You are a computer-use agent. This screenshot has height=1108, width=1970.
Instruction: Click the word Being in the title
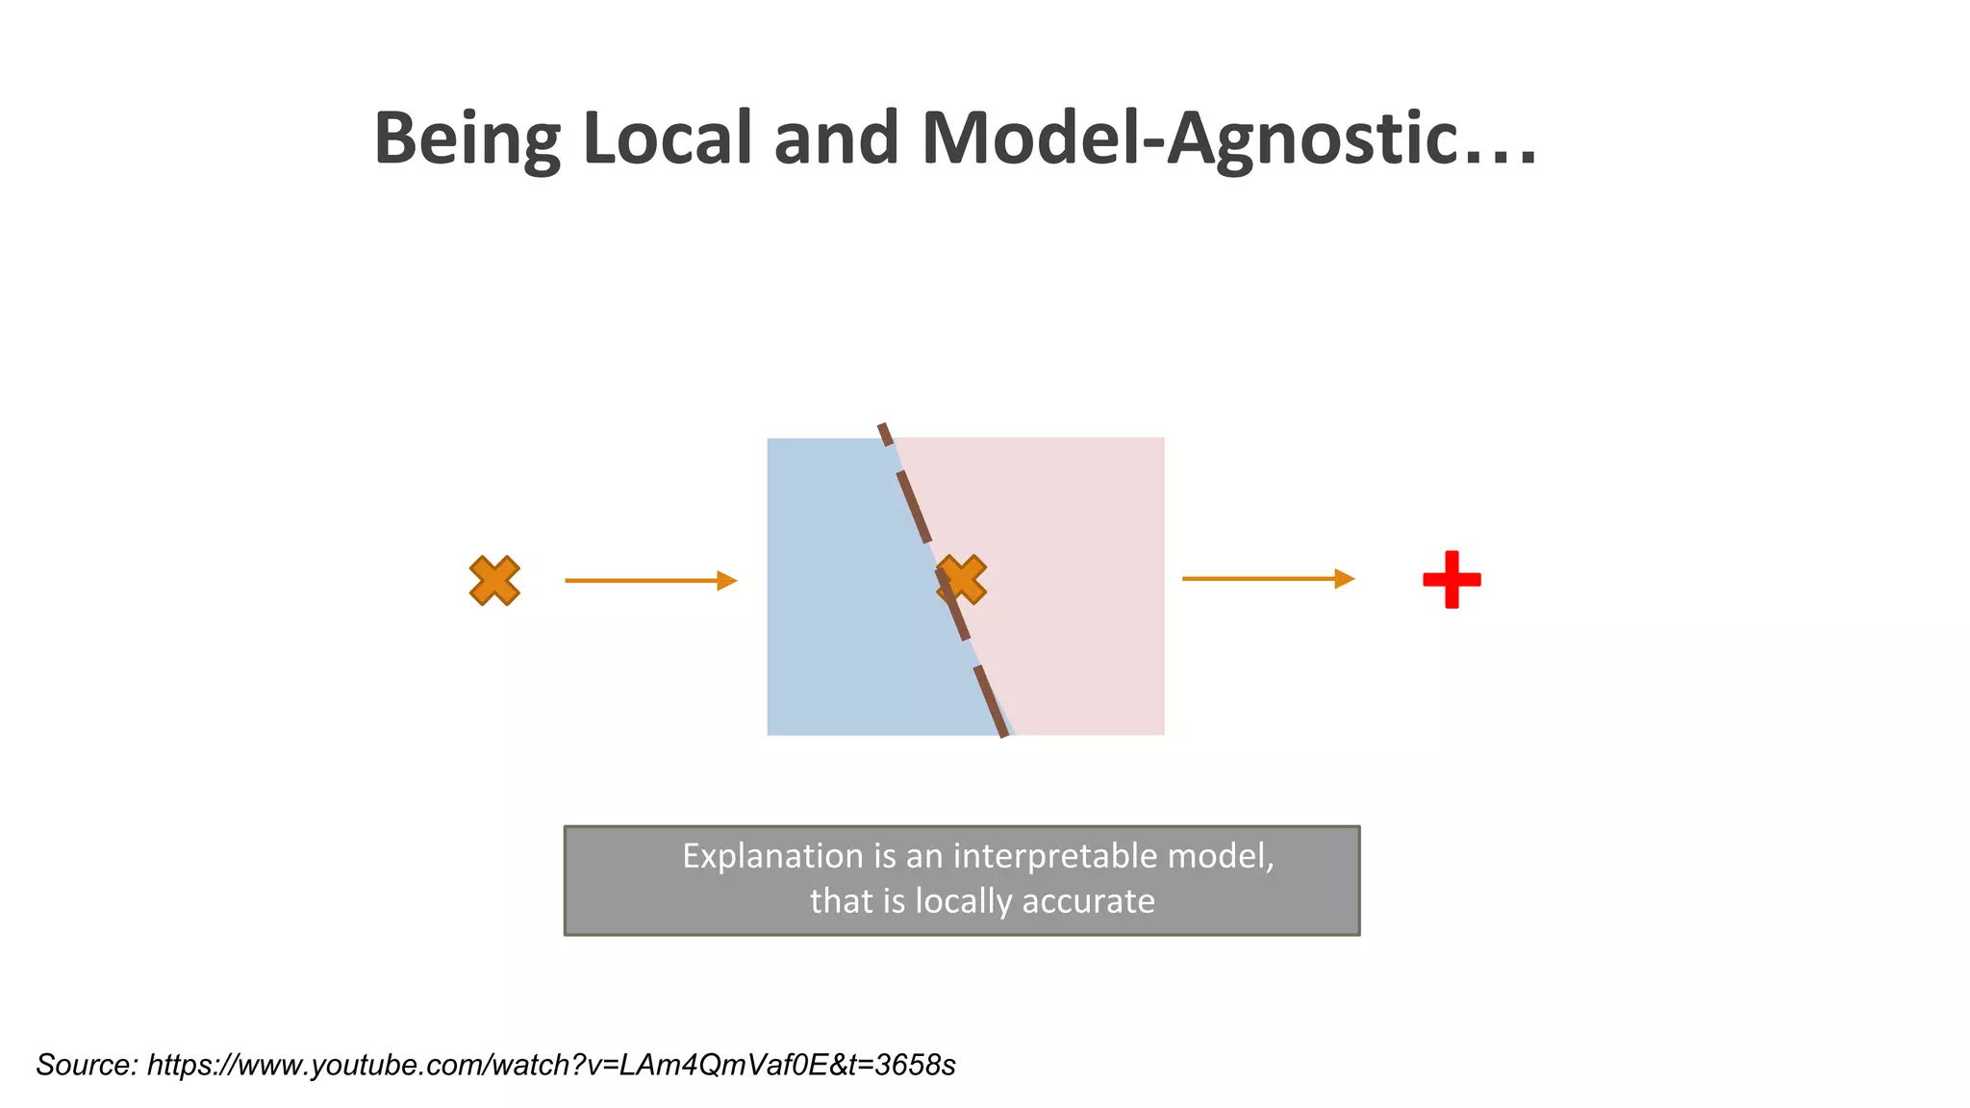coord(467,139)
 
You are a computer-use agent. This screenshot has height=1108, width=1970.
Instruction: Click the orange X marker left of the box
coord(494,580)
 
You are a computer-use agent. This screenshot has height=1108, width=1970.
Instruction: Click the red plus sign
coord(1452,579)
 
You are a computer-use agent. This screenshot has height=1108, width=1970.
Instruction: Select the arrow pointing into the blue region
coord(650,580)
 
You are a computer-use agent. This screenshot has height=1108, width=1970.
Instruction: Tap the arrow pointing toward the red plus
coord(1268,578)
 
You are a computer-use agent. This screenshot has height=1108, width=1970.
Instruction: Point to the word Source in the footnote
coord(87,1065)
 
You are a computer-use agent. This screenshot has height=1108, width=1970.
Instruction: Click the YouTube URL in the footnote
coord(551,1065)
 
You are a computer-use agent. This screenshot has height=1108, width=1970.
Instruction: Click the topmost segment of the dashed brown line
coord(885,434)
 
